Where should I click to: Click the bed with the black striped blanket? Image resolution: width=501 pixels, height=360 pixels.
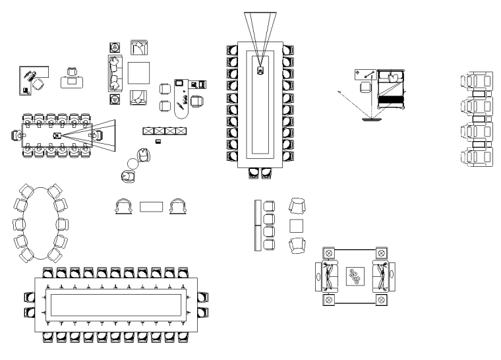point(390,93)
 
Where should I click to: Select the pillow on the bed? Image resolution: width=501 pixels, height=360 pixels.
point(393,78)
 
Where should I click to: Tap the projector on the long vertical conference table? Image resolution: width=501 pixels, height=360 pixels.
point(260,70)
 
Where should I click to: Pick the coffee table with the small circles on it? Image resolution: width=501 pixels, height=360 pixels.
point(356,278)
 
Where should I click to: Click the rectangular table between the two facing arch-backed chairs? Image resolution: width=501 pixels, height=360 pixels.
point(151,206)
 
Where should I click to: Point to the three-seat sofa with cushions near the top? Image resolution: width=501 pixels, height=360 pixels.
point(115,73)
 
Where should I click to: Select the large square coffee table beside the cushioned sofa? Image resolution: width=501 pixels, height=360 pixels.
point(139,73)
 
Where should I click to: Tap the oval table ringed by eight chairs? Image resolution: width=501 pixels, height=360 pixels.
point(40,222)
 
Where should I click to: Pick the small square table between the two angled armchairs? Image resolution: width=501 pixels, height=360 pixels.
point(297,225)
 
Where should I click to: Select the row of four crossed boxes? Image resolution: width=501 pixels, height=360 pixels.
point(163,131)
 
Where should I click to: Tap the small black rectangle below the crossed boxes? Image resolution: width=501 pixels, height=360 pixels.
point(158,142)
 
